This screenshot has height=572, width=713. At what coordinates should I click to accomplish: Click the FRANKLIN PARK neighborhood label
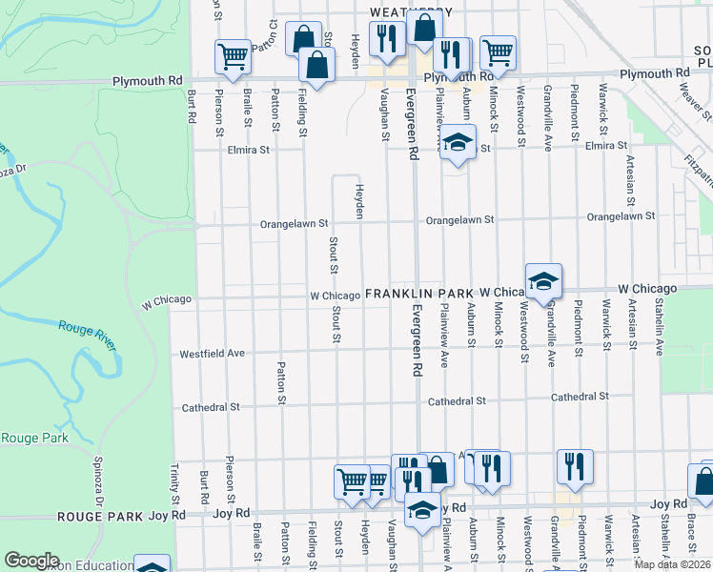tap(419, 294)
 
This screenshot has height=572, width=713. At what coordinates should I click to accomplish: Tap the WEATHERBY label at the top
tap(411, 10)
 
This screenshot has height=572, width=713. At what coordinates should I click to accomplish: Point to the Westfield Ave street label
tap(213, 354)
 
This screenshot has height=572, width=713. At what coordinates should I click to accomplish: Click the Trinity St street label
tap(175, 484)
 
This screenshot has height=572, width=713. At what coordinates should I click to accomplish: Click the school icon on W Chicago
tap(544, 280)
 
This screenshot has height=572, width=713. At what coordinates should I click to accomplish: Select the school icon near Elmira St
tap(458, 143)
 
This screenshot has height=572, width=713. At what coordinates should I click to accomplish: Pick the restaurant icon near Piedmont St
tap(575, 465)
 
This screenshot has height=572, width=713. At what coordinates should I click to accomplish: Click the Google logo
tap(31, 561)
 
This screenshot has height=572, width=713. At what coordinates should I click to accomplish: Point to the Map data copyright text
tap(672, 564)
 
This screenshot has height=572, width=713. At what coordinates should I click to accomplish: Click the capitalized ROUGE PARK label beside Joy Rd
tap(100, 516)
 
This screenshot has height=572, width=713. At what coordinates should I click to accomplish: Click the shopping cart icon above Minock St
tap(498, 52)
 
